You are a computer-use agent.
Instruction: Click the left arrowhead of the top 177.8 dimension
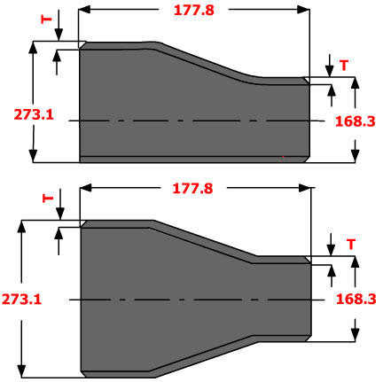85,10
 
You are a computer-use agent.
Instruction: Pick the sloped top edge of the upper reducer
208,62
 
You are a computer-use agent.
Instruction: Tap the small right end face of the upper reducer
309,120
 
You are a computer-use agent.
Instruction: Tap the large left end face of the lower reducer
82,299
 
